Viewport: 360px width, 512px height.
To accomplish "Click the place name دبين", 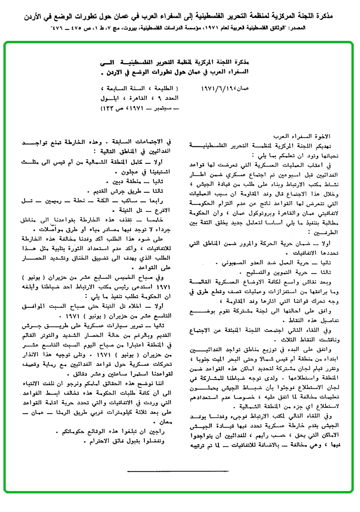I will pyautogui.click(x=117, y=182).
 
